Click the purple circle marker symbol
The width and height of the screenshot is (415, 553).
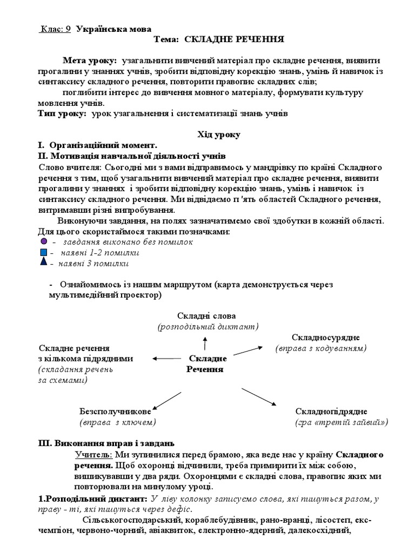click(44, 241)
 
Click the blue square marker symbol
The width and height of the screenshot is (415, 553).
click(44, 252)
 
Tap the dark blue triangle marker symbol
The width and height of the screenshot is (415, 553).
click(44, 262)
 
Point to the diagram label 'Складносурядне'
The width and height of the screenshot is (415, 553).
click(325, 338)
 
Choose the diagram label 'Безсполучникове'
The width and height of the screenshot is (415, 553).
click(115, 411)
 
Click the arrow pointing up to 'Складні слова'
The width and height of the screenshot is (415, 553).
click(205, 342)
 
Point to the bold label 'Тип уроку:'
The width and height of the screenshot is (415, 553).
click(61, 113)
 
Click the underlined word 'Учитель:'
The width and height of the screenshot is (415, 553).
click(93, 455)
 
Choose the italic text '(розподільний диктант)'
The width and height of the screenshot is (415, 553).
click(207, 326)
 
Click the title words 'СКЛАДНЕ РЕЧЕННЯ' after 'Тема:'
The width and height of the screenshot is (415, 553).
click(234, 39)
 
